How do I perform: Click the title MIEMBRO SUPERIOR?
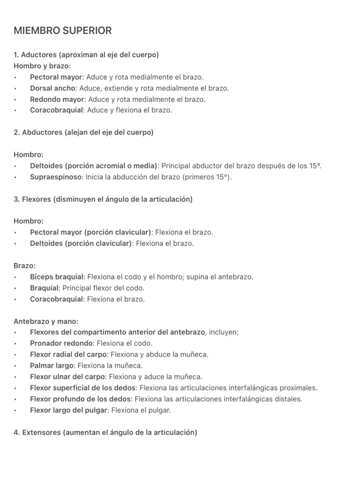(x=63, y=31)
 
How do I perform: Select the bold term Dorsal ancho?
(x=52, y=88)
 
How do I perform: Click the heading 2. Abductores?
(x=84, y=133)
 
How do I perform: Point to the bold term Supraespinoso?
(x=56, y=177)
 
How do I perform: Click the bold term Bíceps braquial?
(x=57, y=277)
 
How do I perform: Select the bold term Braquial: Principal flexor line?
(x=44, y=288)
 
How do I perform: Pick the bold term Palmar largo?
(x=52, y=366)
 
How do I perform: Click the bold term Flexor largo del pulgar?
(x=69, y=410)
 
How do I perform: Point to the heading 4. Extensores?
(x=105, y=433)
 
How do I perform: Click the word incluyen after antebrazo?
(x=223, y=332)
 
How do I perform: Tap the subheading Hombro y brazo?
(x=42, y=66)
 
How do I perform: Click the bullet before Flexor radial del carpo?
(x=16, y=355)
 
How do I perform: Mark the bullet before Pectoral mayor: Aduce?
(x=16, y=77)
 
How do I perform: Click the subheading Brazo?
(x=25, y=266)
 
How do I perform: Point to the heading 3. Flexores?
(x=103, y=199)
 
